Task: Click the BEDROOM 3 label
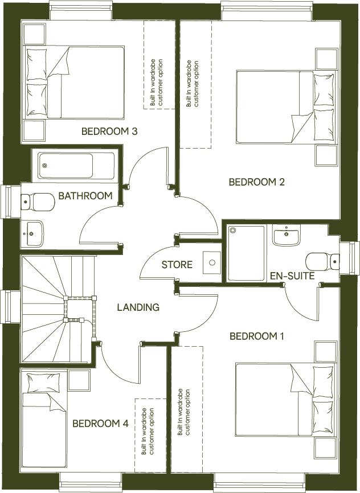(109, 132)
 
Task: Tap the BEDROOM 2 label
(256, 182)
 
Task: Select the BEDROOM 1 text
(256, 336)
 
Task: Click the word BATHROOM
(85, 196)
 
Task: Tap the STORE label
(177, 265)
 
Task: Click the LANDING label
(138, 307)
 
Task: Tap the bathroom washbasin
(34, 233)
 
